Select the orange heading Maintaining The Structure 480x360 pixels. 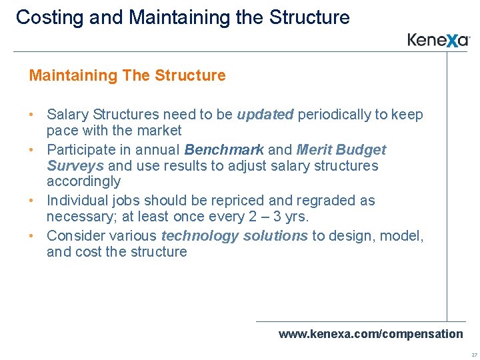point(127,75)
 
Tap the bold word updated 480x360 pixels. point(265,115)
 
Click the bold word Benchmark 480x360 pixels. point(224,150)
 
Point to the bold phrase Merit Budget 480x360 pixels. point(341,150)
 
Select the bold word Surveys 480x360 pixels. point(75,165)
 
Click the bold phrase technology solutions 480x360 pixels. point(235,236)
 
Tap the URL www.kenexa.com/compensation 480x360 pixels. point(370,333)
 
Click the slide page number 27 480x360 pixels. point(473,355)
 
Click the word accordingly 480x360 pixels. point(83,181)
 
